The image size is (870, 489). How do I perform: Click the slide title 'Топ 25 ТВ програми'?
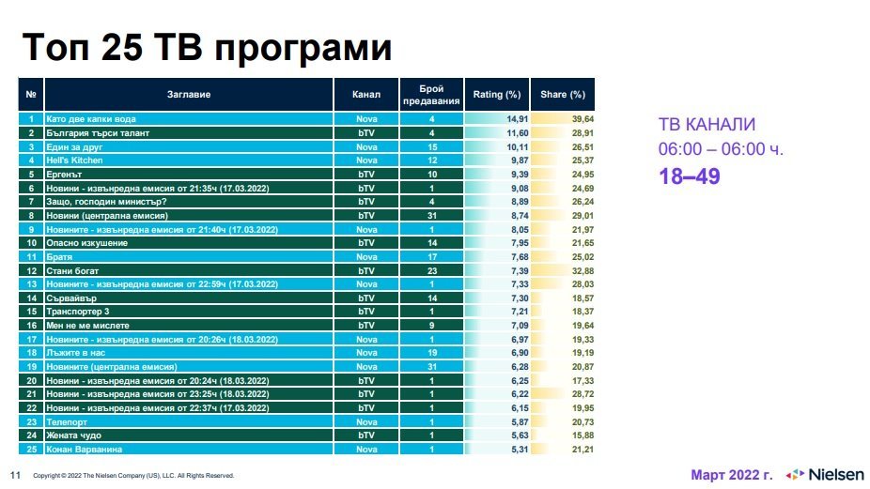(x=207, y=49)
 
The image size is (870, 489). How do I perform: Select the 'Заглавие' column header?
(x=189, y=95)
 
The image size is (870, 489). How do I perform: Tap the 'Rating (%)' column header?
(x=496, y=95)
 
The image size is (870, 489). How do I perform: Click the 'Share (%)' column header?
(x=563, y=95)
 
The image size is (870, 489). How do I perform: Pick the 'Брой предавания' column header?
(x=431, y=95)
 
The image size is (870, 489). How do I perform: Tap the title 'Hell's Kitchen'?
(x=73, y=161)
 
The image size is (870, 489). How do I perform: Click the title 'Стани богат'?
(x=69, y=270)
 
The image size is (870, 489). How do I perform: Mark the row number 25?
(x=31, y=449)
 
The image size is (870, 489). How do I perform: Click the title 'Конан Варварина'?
(x=80, y=449)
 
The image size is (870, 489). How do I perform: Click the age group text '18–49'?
(x=689, y=176)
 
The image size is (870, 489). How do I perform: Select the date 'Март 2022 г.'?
(x=732, y=474)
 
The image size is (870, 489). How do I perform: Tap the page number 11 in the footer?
(x=15, y=475)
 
